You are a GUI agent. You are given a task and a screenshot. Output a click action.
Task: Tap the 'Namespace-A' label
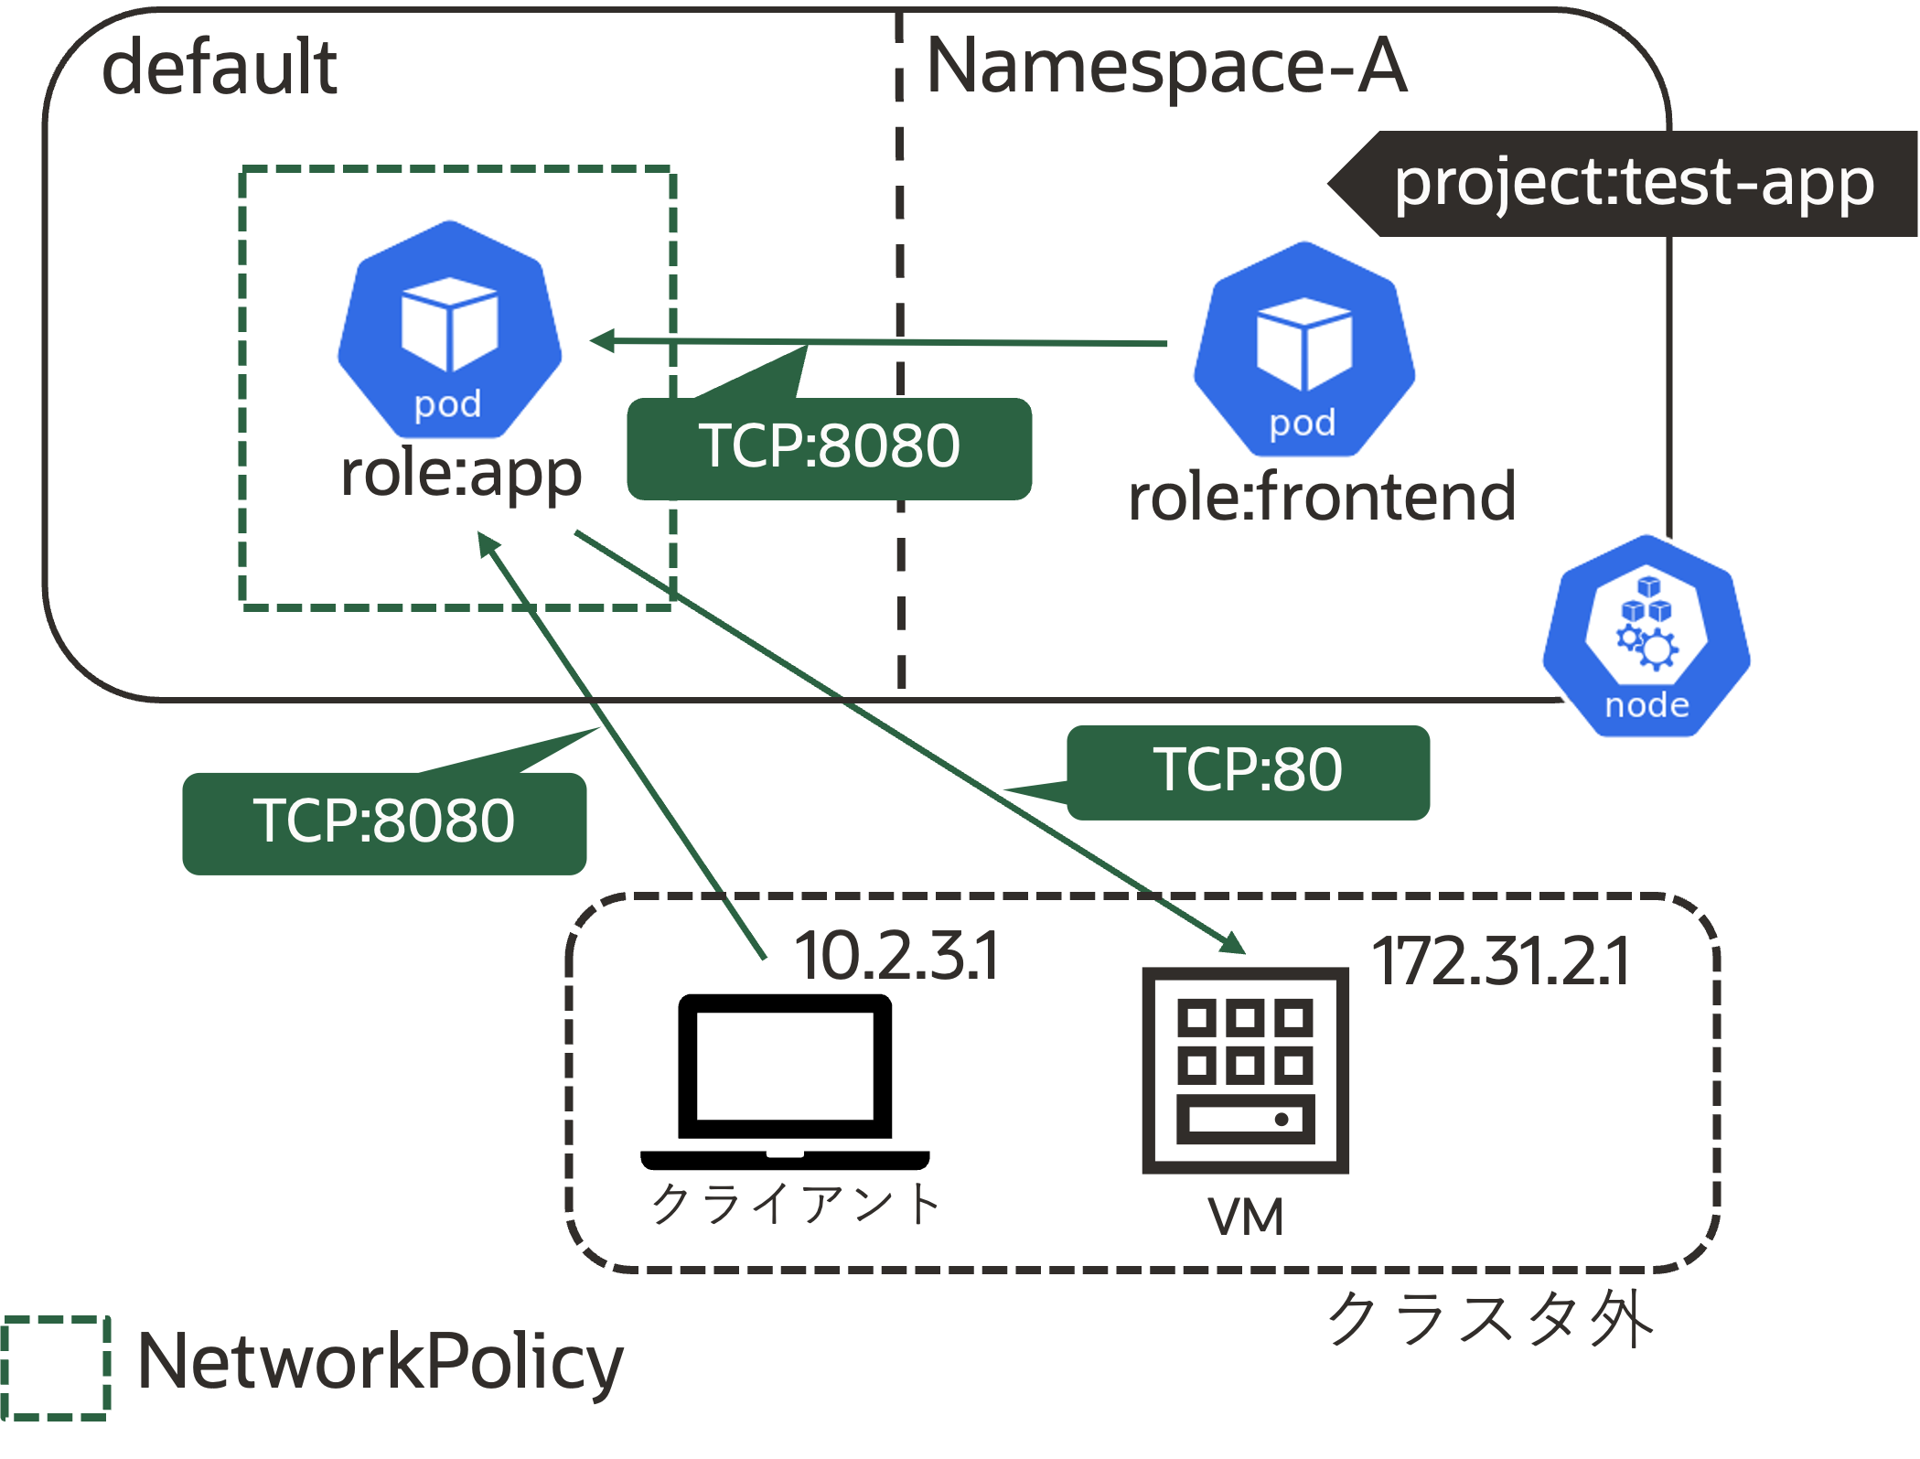pos(1166,67)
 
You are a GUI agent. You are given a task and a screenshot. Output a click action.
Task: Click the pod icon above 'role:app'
pos(449,329)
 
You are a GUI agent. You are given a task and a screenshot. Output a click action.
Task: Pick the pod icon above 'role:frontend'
pos(1303,349)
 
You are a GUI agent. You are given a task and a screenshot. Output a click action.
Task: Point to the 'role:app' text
pos(461,474)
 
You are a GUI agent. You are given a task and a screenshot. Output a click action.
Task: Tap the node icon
pos(1646,636)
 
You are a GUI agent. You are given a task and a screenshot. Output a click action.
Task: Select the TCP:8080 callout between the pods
pos(830,448)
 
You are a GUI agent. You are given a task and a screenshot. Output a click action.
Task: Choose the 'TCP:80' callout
pos(1248,771)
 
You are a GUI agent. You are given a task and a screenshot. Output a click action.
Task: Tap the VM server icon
pos(1246,1070)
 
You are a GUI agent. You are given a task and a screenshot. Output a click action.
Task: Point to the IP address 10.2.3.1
pos(896,957)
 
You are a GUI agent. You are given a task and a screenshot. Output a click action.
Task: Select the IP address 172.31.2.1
pos(1501,962)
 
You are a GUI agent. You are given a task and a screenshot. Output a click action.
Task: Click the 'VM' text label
pos(1246,1217)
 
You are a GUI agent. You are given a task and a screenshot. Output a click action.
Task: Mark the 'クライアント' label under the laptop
pos(795,1203)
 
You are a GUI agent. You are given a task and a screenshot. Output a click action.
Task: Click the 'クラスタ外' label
pos(1491,1319)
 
